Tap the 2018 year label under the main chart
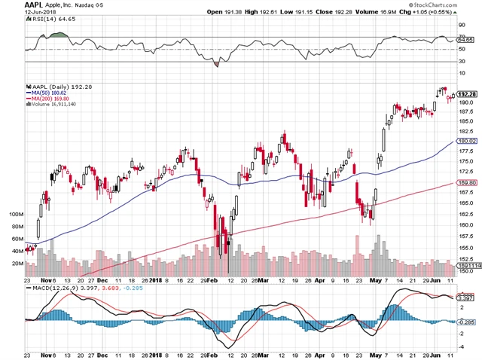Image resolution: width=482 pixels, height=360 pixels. pos(156,279)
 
